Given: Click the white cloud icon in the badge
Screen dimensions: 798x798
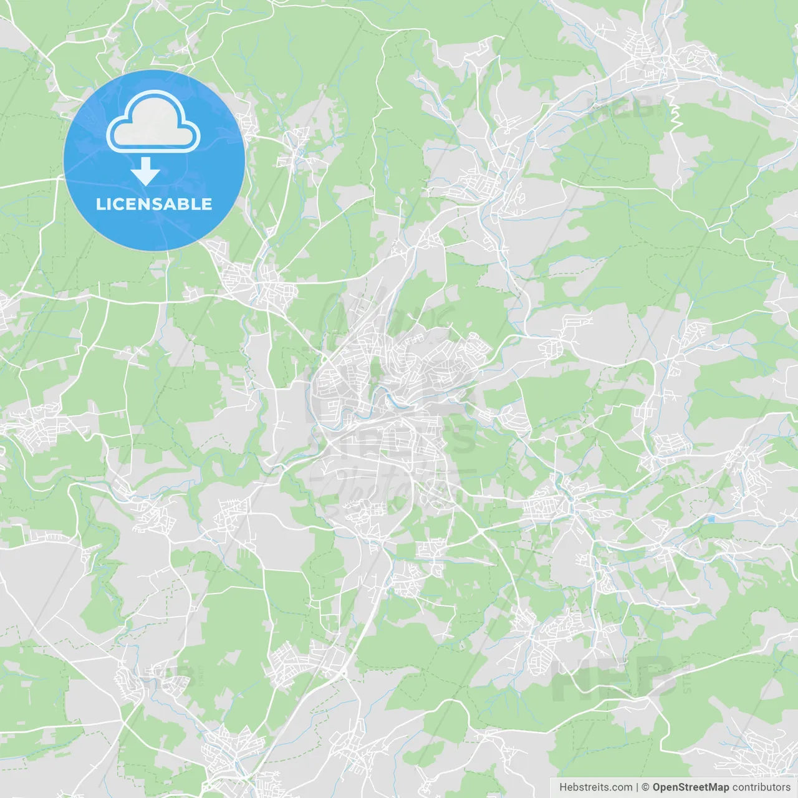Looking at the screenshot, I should (153, 122).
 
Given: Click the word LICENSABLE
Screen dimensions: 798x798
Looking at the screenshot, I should (154, 204).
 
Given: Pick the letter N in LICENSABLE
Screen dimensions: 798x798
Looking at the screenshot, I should (148, 204).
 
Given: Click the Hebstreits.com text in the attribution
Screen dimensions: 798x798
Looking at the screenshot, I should (595, 787).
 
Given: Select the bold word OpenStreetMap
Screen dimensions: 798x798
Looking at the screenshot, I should (690, 787).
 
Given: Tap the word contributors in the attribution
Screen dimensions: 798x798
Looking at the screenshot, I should (761, 787).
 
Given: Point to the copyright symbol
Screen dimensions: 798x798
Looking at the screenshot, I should (646, 787).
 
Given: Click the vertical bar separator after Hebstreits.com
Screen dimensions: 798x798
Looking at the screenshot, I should (637, 787).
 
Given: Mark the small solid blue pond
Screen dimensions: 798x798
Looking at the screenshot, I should (711, 519).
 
